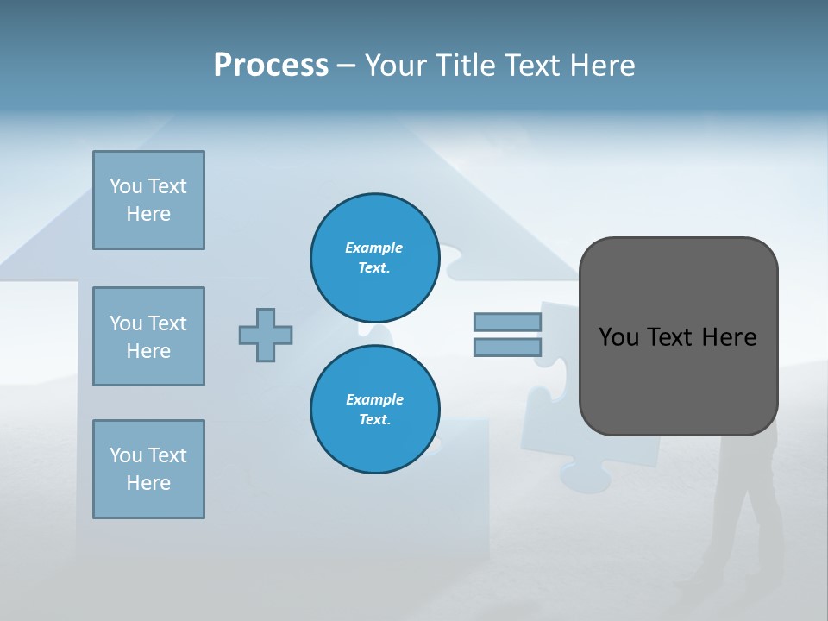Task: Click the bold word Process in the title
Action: click(271, 66)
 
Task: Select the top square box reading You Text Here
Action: click(148, 200)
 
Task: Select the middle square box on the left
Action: click(148, 336)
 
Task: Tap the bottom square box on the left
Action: click(148, 469)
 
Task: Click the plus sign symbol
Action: click(266, 335)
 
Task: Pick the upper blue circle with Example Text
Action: click(374, 258)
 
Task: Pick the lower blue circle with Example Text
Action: click(374, 410)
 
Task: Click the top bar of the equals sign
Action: click(507, 322)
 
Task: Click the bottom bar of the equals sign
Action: click(507, 348)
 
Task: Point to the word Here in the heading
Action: click(602, 66)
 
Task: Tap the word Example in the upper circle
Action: click(374, 248)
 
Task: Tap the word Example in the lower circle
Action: click(374, 399)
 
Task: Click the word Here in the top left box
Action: click(148, 214)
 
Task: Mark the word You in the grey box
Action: click(619, 337)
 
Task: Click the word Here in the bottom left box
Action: click(148, 483)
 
